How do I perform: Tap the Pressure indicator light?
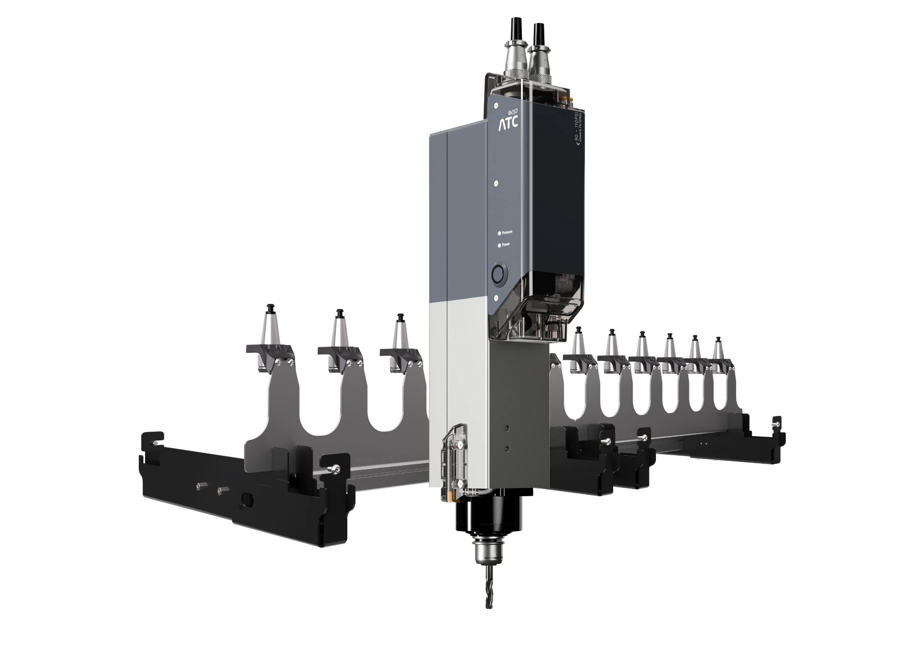coord(500,233)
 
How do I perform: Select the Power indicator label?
coord(506,245)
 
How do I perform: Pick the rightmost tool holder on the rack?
coord(718,356)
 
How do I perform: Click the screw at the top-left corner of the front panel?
coord(497,105)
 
